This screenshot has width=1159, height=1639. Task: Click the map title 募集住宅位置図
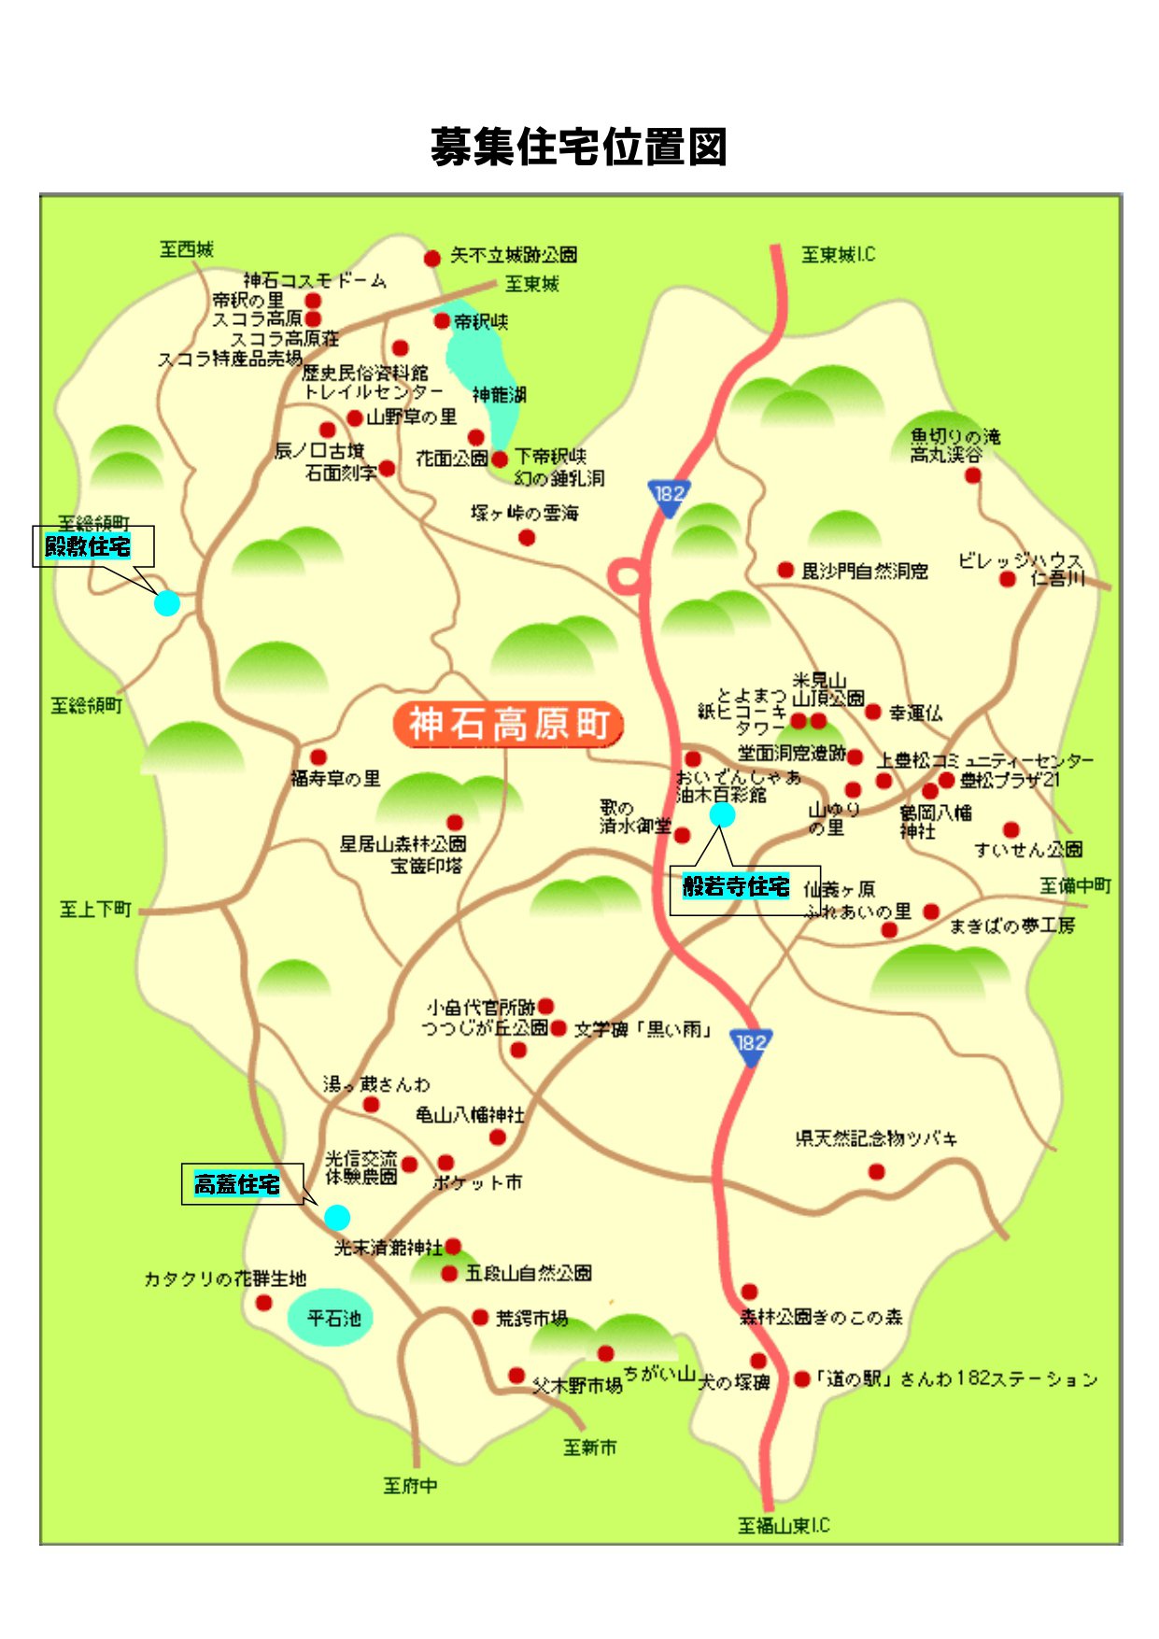578,148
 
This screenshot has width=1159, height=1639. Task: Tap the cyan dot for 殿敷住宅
166,603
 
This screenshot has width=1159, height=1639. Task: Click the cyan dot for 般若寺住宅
722,815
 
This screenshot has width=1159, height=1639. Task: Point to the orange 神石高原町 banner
508,725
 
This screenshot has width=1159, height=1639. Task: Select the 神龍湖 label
500,395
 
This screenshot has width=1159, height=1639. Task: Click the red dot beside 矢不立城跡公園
432,258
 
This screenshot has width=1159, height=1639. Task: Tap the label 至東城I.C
838,254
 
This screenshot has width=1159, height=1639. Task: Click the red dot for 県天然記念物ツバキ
876,1171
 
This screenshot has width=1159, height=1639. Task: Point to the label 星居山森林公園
403,844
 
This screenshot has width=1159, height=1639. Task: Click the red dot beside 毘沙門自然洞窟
785,570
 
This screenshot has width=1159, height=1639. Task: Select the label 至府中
410,1485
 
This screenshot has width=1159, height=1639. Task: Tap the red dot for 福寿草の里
318,756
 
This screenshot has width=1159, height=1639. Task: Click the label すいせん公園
1027,849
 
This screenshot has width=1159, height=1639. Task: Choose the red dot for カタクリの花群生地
264,1302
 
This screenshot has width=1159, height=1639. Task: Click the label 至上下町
95,909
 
